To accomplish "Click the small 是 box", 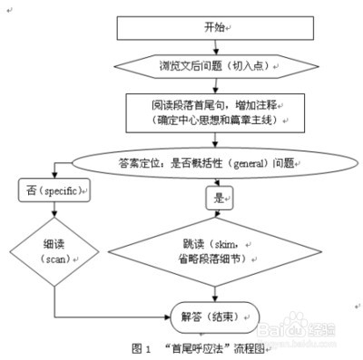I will coord(219,197).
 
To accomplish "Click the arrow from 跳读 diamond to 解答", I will coord(219,295).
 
